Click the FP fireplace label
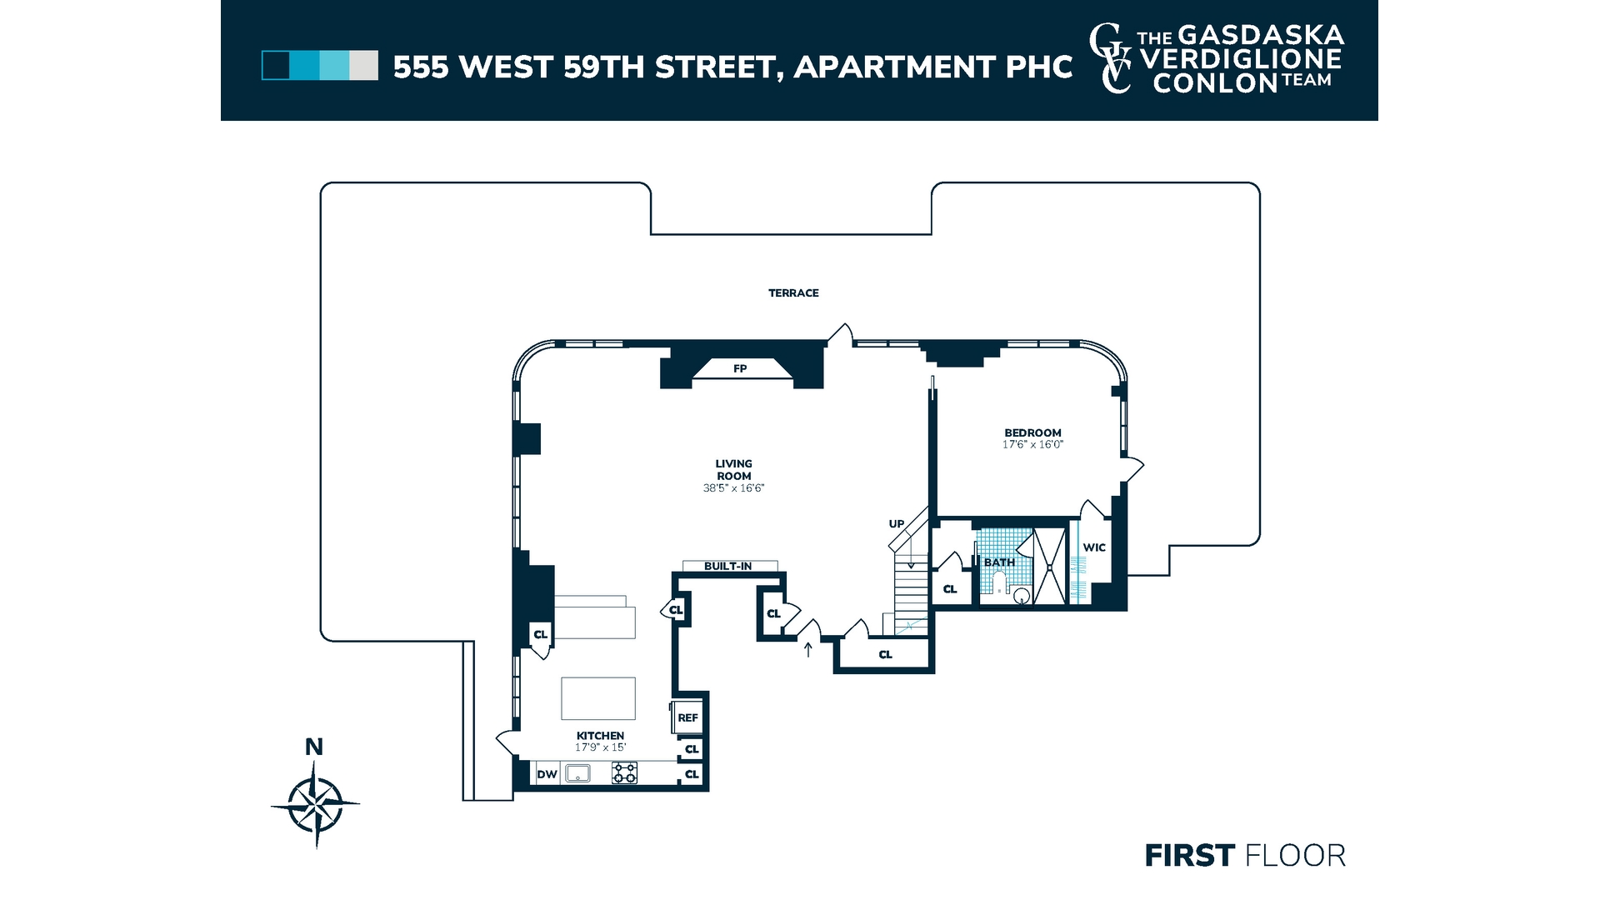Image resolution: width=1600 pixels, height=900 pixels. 740,368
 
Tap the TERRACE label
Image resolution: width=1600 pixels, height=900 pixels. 793,292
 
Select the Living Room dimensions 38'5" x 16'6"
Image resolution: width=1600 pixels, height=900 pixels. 733,488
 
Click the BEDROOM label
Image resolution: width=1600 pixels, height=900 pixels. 1032,432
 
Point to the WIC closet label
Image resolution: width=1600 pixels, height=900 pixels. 1094,547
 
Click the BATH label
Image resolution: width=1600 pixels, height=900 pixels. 999,562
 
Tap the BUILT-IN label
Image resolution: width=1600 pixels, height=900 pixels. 727,566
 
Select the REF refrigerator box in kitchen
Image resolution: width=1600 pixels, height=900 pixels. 687,717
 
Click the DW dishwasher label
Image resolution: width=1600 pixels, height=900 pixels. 547,774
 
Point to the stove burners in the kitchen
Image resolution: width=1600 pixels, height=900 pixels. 624,773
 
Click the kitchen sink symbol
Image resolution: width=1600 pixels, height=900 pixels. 577,773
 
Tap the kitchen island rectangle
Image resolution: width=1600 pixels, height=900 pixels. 598,698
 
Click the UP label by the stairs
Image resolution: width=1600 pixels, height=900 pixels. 896,524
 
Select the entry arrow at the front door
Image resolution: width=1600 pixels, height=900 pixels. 807,648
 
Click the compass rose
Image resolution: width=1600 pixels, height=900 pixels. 315,804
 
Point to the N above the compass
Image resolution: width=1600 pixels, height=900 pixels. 314,747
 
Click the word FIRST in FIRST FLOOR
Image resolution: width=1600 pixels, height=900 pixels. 1189,856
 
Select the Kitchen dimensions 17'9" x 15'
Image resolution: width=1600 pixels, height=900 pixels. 600,747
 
